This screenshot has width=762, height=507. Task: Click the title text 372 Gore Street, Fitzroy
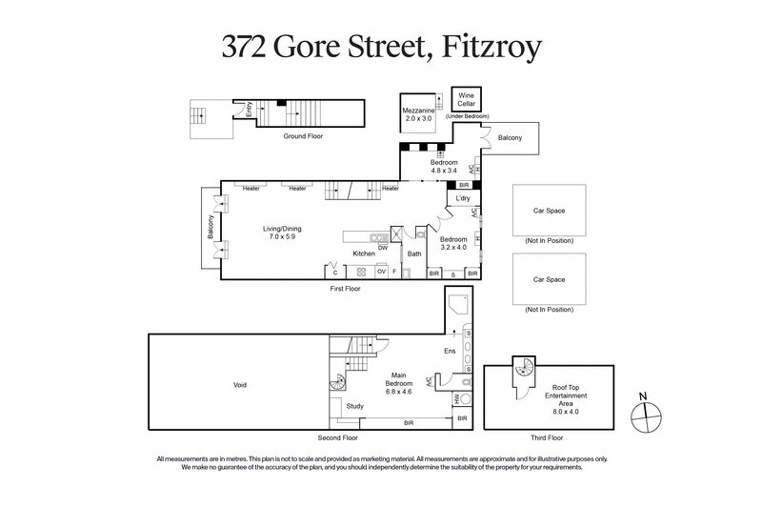380,46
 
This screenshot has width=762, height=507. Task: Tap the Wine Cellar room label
467,100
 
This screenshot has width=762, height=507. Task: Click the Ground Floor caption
303,136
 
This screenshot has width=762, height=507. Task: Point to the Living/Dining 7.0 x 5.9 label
283,233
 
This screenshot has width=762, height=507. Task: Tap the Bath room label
414,253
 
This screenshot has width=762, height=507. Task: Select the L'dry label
464,198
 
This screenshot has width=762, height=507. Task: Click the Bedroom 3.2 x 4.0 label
452,243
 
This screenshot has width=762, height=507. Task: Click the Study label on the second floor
354,406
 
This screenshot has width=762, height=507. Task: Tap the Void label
239,384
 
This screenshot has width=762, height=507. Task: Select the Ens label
451,352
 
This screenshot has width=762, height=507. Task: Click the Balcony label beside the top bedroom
510,138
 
